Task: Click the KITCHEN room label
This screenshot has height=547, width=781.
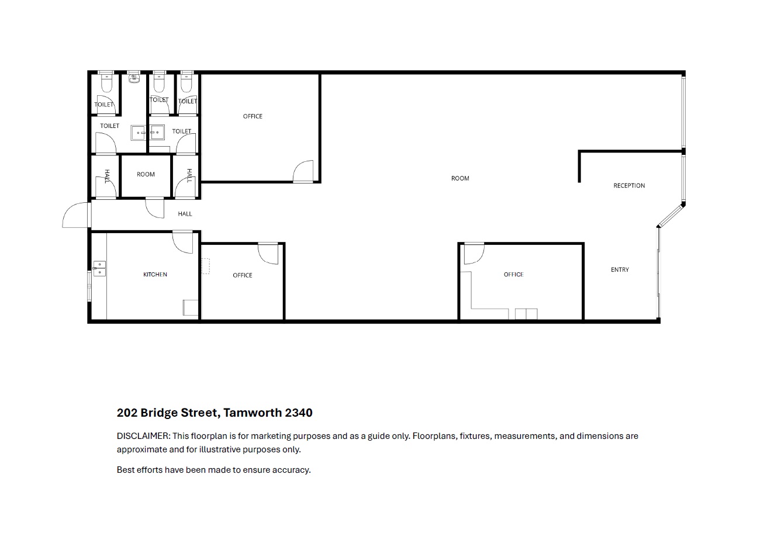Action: [155, 275]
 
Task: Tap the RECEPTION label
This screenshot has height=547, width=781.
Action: [629, 186]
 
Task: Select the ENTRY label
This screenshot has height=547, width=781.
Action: [620, 270]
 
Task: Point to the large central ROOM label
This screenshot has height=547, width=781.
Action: [460, 178]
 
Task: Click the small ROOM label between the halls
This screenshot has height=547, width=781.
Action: [146, 174]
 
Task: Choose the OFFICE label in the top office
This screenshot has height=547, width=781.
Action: [253, 116]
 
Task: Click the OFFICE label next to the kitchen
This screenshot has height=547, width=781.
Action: [243, 275]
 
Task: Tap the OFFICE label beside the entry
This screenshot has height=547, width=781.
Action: [514, 275]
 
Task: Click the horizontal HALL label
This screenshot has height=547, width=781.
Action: [185, 214]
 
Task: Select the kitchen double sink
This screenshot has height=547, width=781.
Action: [99, 268]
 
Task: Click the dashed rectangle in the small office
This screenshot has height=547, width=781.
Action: [206, 266]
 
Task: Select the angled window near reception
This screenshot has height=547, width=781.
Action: [669, 216]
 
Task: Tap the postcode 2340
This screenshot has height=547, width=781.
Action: [299, 413]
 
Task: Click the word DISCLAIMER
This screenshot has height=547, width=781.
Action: [143, 436]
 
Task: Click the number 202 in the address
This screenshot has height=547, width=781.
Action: [127, 413]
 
